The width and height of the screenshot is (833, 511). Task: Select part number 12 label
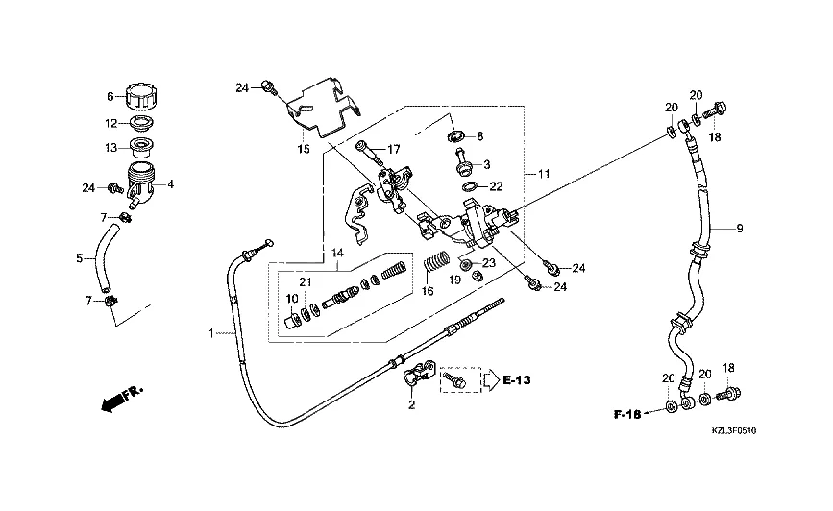(x=110, y=123)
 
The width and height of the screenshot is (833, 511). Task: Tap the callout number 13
(x=110, y=148)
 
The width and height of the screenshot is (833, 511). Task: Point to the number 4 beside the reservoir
(x=171, y=183)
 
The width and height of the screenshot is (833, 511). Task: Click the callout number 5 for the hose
(x=80, y=257)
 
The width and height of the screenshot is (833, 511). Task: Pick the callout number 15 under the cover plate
(x=303, y=150)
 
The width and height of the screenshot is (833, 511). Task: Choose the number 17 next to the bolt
(x=393, y=150)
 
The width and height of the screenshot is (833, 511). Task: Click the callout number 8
(x=480, y=136)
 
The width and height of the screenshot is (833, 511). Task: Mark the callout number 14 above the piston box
(x=337, y=253)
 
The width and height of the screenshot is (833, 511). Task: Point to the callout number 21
(x=306, y=281)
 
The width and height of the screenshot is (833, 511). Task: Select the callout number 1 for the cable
(x=210, y=333)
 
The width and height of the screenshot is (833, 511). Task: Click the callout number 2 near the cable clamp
(x=411, y=405)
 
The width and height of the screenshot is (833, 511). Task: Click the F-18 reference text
(x=629, y=415)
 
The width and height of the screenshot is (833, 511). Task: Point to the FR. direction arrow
(x=119, y=397)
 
